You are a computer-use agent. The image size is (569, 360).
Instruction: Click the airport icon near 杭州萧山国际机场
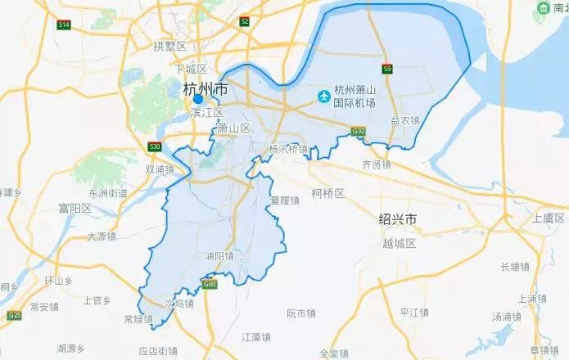tap(324, 97)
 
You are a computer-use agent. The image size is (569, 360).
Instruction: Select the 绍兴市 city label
tap(398, 219)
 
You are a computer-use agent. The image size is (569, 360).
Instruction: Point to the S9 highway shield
tap(387, 69)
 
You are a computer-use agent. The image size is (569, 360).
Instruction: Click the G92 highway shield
tap(358, 131)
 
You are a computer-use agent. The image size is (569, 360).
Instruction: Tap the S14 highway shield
tap(64, 25)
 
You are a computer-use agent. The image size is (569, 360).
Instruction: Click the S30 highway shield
tap(155, 146)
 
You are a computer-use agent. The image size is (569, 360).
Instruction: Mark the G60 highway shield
tap(210, 284)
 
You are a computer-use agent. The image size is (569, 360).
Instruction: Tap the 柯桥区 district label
tap(327, 193)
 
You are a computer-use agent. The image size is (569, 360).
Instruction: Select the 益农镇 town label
tap(404, 120)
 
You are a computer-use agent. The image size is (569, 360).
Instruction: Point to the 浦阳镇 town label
tap(219, 255)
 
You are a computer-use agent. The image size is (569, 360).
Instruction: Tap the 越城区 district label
tap(400, 243)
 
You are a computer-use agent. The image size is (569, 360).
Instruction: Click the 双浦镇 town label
tap(160, 169)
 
